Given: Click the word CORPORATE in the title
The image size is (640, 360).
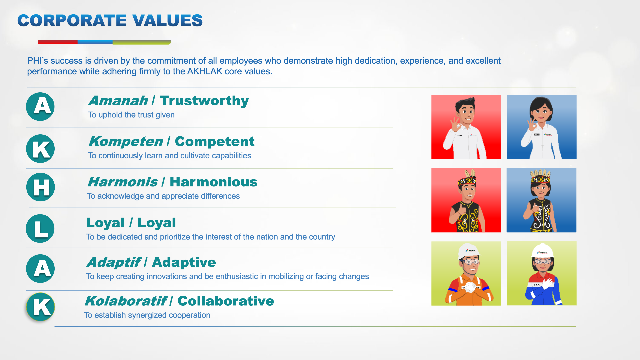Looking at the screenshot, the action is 72,20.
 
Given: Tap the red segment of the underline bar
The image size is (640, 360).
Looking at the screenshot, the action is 58,42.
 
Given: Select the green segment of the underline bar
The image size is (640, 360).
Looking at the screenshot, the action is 142,42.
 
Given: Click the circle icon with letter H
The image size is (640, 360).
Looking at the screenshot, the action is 41,187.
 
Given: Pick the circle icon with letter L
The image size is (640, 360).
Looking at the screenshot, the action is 40,228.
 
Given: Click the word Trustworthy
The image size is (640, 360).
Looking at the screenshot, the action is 204,100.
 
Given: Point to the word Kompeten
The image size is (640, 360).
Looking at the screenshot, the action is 126,142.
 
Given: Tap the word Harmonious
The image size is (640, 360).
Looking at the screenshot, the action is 214,182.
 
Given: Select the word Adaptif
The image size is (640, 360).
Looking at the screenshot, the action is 114,263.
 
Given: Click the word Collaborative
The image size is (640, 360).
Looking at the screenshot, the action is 226,301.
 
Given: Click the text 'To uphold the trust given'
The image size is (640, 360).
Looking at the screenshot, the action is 131,115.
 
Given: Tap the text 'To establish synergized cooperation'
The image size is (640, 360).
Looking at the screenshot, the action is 147,315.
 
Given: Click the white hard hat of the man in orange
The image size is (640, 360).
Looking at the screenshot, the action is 469,251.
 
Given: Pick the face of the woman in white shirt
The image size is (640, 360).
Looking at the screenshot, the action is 541,113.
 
